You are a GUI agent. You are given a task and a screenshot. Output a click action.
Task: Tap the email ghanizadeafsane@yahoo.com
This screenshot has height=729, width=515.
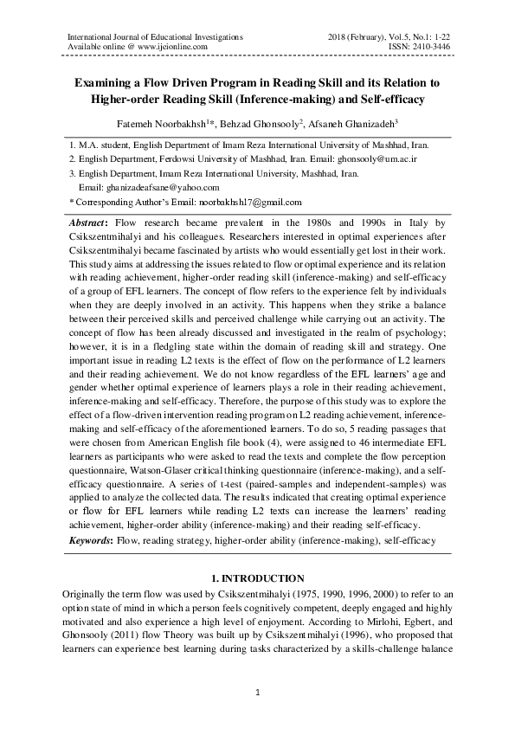(x=149, y=187)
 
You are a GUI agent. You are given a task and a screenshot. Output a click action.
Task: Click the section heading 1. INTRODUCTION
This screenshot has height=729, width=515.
(x=257, y=577)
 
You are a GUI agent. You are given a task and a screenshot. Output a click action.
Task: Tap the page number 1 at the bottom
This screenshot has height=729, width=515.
(x=257, y=694)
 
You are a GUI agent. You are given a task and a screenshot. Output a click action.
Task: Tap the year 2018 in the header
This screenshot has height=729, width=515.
(x=340, y=36)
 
